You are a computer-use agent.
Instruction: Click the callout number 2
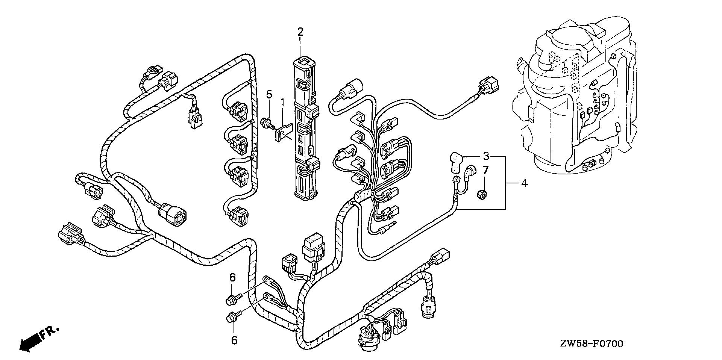300,32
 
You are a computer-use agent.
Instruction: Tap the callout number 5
269,94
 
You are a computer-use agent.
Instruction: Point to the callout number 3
486,156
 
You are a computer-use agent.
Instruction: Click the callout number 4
524,183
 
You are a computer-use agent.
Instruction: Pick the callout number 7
485,170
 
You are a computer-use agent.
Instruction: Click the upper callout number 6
232,278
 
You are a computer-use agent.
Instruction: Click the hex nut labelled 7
484,195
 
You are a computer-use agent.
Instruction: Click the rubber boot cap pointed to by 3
456,161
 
